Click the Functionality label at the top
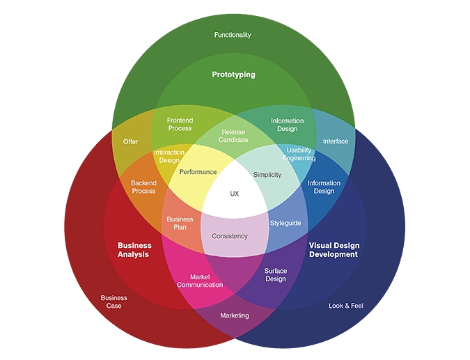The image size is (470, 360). click(x=233, y=35)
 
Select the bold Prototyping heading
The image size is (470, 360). click(x=234, y=75)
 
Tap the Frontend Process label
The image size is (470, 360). click(x=180, y=125)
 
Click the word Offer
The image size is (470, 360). click(x=131, y=141)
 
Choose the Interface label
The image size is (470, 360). click(x=336, y=141)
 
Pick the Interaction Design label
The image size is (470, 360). click(x=169, y=157)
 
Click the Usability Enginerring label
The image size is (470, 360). click(x=299, y=154)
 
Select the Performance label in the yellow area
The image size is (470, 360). click(x=198, y=172)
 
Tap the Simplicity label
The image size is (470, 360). click(x=267, y=175)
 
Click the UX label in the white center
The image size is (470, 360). click(x=234, y=194)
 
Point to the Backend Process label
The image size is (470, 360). click(x=143, y=187)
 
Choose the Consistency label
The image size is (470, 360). click(x=229, y=236)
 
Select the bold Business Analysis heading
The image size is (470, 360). click(x=134, y=250)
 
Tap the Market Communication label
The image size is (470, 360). click(x=200, y=281)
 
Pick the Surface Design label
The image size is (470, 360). click(x=275, y=275)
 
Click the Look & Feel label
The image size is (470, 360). click(x=346, y=306)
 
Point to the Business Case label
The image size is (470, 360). click(x=114, y=302)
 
